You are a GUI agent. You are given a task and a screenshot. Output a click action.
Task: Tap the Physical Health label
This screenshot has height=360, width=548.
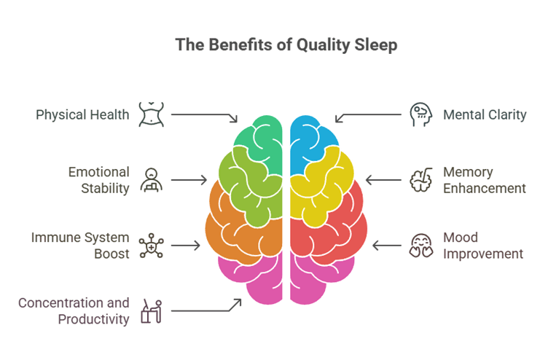[x=82, y=114]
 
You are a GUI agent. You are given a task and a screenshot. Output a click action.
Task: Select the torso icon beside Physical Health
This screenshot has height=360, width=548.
[x=152, y=114]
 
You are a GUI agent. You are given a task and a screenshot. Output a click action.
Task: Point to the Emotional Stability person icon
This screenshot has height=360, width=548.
[x=152, y=180]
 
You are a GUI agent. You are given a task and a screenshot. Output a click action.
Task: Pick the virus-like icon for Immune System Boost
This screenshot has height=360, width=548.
[x=152, y=246]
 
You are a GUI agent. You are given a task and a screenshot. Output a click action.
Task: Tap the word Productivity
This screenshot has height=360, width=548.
[x=94, y=319]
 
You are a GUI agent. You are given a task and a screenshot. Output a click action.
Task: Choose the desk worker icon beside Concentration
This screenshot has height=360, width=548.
[x=152, y=311]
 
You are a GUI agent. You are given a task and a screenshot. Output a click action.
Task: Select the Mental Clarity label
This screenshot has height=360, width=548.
[x=485, y=114]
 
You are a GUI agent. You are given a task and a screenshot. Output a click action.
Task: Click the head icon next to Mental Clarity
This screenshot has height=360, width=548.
[x=421, y=114]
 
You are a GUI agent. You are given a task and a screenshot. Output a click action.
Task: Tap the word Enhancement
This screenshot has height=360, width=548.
[x=485, y=189]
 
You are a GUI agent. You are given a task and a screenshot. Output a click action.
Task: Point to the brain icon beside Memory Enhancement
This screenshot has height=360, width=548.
[x=420, y=180]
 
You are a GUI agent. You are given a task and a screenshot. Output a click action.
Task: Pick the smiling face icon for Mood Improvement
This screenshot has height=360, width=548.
[x=421, y=246]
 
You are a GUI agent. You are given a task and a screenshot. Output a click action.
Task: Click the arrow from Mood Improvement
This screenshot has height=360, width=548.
[x=387, y=246]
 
